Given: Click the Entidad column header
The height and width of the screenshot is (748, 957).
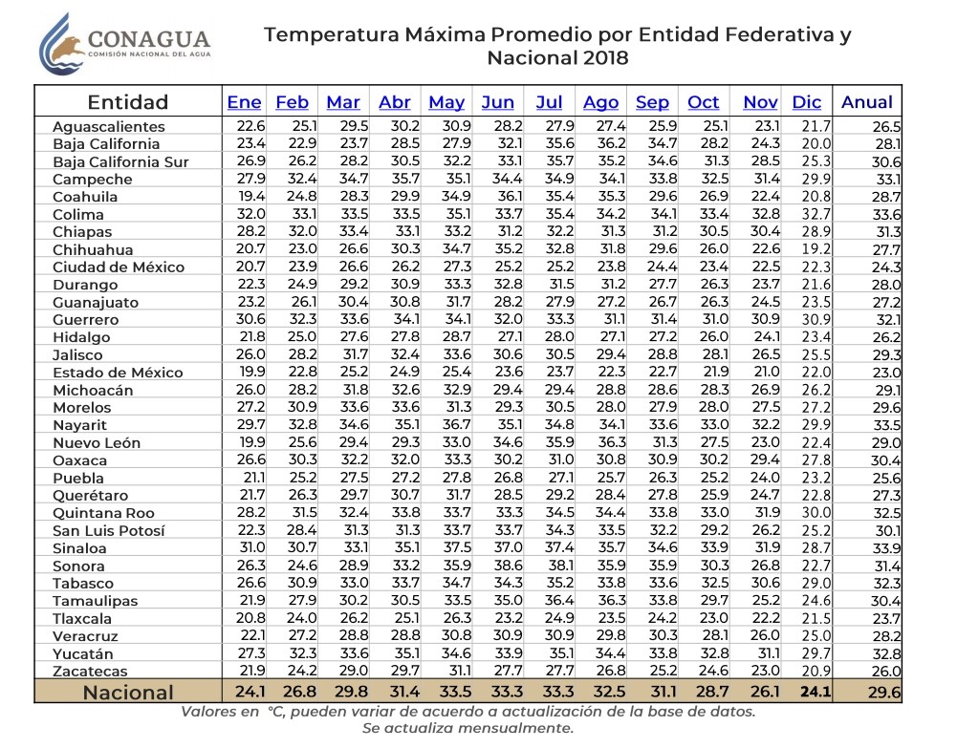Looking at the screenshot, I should (x=127, y=102).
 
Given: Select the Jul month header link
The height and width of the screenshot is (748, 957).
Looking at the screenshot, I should (x=549, y=102).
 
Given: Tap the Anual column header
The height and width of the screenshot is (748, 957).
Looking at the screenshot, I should (x=866, y=102).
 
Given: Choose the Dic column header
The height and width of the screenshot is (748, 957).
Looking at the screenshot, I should (x=807, y=102).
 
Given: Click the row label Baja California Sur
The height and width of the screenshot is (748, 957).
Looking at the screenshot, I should (x=120, y=161).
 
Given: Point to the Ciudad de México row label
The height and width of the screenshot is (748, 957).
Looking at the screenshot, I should (x=112, y=267).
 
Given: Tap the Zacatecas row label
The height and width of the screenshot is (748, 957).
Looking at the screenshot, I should (x=90, y=671).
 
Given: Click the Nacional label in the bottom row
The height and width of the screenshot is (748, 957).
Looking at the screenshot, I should (x=128, y=693).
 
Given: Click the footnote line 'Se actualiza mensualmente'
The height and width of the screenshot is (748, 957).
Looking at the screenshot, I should (x=468, y=728).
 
